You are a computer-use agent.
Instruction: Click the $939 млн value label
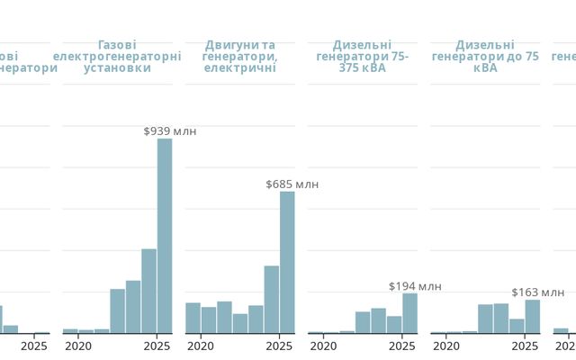[169, 131]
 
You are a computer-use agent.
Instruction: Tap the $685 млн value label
[292, 184]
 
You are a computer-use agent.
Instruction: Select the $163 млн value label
[537, 292]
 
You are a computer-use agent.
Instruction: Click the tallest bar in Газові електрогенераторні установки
[165, 236]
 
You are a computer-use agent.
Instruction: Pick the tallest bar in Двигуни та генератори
[287, 262]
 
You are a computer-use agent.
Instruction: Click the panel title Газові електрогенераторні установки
[117, 56]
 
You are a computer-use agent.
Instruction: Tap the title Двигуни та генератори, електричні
[239, 56]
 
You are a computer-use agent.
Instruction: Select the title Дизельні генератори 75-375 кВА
[362, 56]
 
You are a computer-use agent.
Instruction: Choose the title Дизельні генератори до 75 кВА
[485, 56]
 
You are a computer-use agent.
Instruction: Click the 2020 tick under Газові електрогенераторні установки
[78, 346]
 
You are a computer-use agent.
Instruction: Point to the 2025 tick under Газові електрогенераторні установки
[157, 346]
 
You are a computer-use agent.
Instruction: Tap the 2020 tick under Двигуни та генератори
[201, 346]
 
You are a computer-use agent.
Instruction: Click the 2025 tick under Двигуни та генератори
[279, 346]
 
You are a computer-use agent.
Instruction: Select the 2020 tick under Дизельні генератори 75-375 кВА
[323, 346]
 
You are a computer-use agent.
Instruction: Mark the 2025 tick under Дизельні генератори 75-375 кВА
[402, 346]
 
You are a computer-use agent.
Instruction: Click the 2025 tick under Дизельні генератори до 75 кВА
[525, 346]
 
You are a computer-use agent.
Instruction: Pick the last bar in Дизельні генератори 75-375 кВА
[409, 313]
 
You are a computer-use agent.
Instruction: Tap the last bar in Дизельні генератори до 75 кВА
[532, 316]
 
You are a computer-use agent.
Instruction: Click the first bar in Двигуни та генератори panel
[193, 318]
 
